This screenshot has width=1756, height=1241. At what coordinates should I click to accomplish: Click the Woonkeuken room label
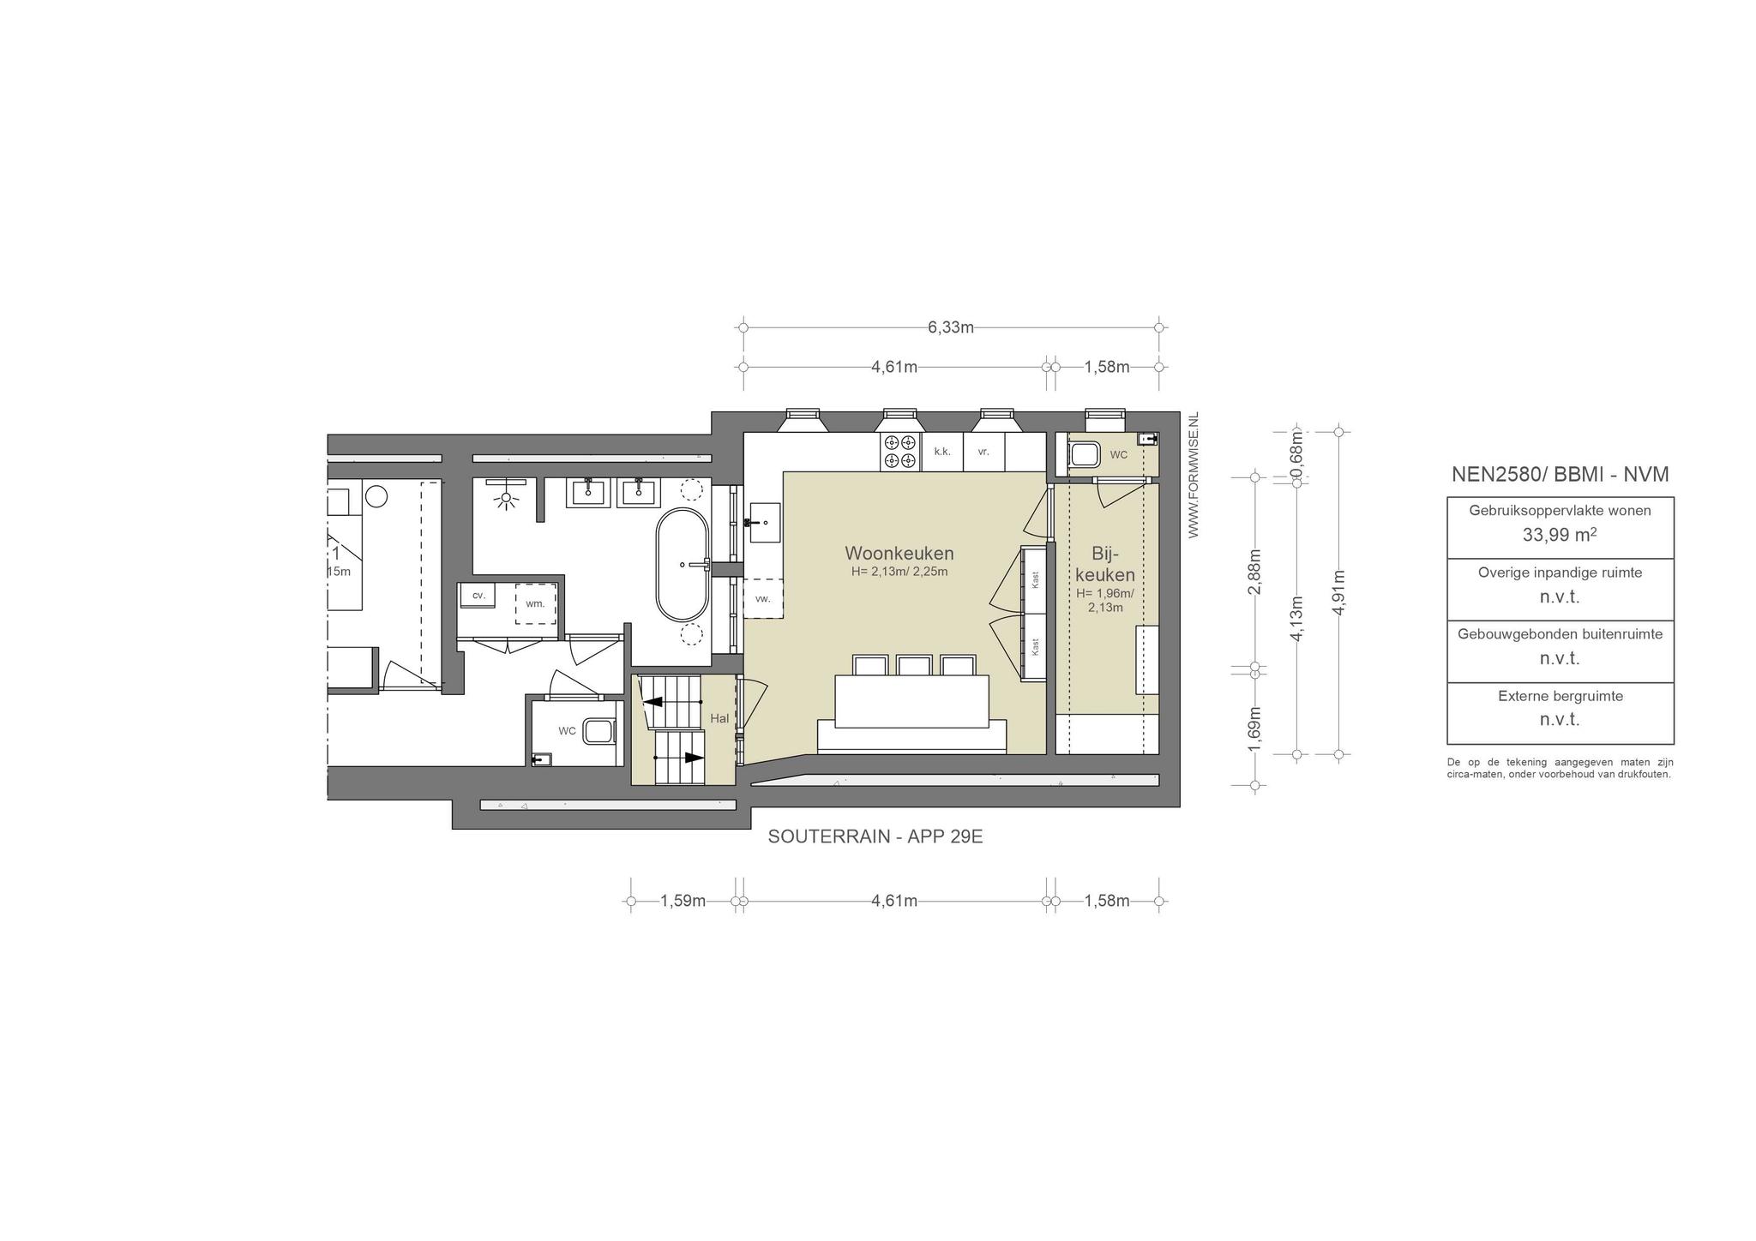tap(899, 553)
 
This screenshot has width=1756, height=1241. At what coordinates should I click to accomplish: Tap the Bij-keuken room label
tap(1105, 564)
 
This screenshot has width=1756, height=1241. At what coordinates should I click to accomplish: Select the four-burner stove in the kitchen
tap(900, 452)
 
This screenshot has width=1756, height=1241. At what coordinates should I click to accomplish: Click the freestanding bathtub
tap(683, 565)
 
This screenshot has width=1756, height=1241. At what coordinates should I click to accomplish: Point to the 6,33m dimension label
tap(950, 327)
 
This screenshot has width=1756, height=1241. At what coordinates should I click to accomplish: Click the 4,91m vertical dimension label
tap(1338, 592)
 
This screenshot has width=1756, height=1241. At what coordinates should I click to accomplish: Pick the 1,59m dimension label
tap(683, 901)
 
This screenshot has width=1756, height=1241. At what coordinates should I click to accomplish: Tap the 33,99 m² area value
tap(1560, 535)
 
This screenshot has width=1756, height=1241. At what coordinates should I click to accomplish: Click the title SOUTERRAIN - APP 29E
tap(875, 837)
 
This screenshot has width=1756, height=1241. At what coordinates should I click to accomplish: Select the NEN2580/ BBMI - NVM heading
tap(1560, 475)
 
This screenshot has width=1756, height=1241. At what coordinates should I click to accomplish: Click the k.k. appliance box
tap(942, 452)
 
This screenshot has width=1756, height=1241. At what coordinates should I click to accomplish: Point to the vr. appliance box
tap(983, 452)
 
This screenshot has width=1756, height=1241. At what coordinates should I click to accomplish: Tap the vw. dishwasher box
tap(763, 599)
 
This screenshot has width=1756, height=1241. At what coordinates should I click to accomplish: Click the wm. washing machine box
tap(535, 603)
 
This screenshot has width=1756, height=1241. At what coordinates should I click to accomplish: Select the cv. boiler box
tap(478, 595)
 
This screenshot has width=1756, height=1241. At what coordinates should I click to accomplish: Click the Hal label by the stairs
tap(719, 718)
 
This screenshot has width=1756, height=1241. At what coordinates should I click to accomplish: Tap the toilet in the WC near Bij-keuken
tap(1084, 453)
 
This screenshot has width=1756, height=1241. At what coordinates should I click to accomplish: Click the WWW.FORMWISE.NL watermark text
tap(1194, 476)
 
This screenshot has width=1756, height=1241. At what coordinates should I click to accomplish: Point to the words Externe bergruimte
tap(1561, 696)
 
